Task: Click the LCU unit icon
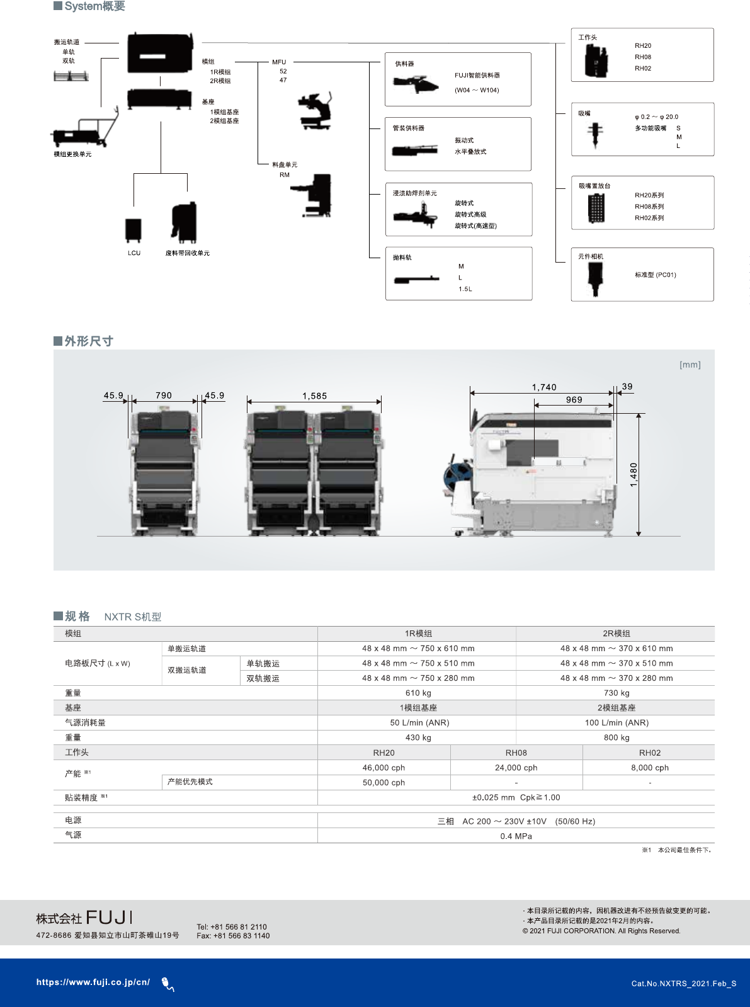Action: (x=133, y=230)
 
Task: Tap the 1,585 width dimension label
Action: (x=314, y=396)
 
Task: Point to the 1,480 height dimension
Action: (x=634, y=474)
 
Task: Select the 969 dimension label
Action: (x=574, y=400)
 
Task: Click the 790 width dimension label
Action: (x=164, y=395)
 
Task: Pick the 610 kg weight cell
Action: (x=418, y=693)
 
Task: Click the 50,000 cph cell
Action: (x=384, y=783)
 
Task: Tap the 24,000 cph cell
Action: (x=516, y=768)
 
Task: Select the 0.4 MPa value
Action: (x=516, y=836)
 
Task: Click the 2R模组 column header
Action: (x=616, y=634)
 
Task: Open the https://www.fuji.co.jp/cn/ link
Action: (x=93, y=982)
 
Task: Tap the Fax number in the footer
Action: (x=233, y=936)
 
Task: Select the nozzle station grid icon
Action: (x=596, y=208)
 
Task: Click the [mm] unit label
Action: (x=690, y=365)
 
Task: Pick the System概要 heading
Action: (x=94, y=6)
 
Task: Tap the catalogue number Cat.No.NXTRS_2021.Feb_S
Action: (x=683, y=984)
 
